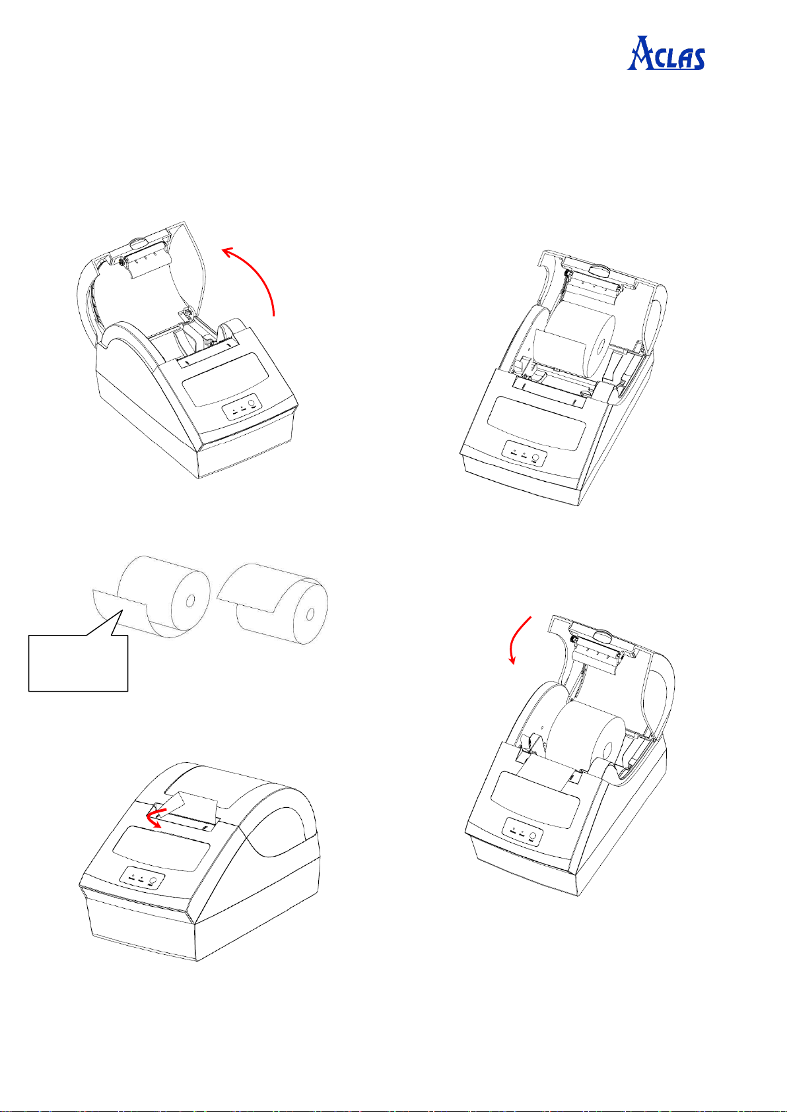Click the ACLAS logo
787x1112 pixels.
click(666, 53)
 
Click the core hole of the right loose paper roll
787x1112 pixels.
click(310, 615)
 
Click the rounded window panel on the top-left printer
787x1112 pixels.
click(226, 380)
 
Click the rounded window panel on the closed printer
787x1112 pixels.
click(161, 849)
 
